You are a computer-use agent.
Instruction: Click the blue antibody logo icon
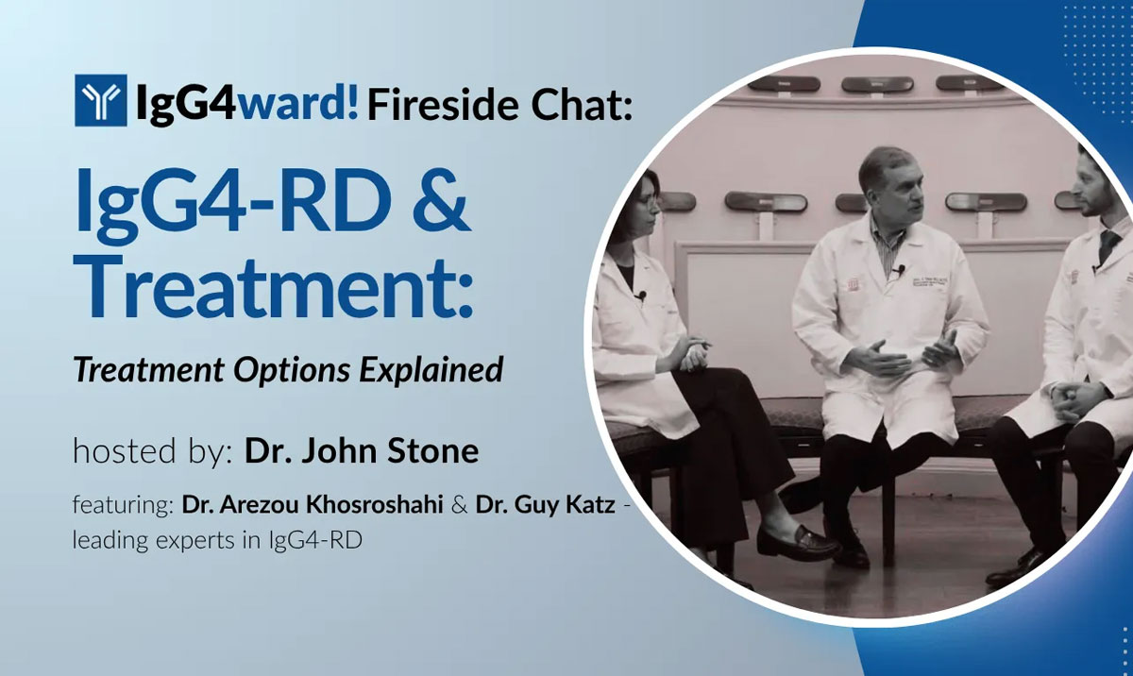click(99, 101)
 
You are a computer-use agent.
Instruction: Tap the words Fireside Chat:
click(498, 102)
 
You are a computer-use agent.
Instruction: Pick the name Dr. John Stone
click(362, 450)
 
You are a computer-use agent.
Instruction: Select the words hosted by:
click(152, 451)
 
